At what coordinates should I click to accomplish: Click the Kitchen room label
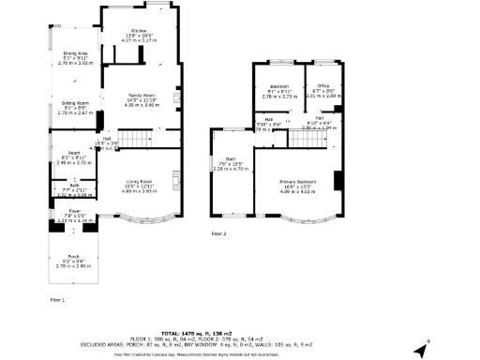(139, 30)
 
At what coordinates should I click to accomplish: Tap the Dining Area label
(76, 53)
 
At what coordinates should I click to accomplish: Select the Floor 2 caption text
(218, 232)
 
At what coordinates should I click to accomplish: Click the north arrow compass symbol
(422, 350)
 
